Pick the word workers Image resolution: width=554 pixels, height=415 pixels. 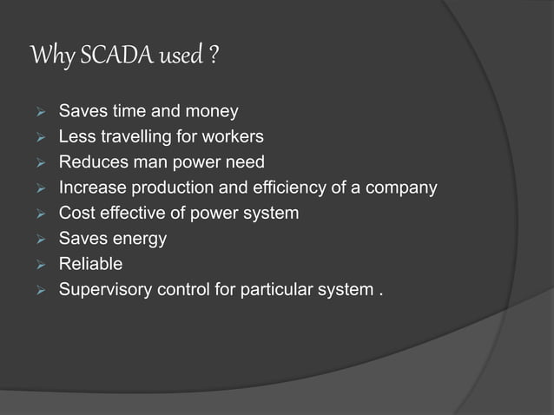point(234,137)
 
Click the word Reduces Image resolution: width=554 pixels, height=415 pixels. point(89,162)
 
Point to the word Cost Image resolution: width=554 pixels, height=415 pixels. point(76,213)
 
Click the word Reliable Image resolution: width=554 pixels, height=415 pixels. point(90,263)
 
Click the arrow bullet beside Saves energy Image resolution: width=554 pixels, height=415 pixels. point(36,238)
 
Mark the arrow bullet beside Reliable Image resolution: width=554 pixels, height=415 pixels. point(36,263)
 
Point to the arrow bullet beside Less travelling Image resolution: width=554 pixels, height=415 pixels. point(36,137)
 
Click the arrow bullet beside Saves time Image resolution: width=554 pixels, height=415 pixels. point(36,112)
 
